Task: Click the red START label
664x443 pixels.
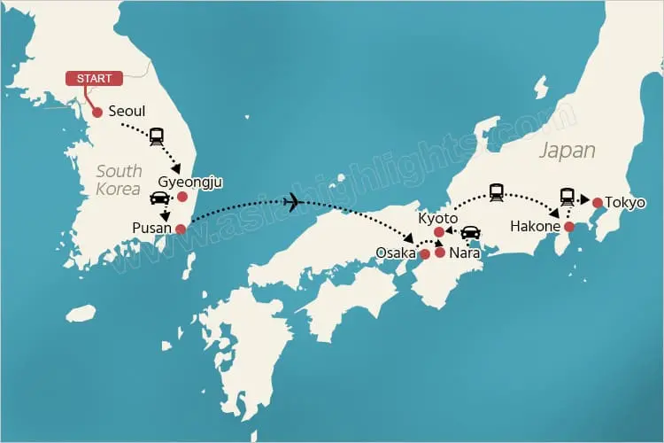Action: pos(94,79)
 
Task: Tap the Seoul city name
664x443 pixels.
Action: pos(127,112)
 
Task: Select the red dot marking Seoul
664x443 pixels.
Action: pos(97,113)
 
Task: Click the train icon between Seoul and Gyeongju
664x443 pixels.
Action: pos(158,136)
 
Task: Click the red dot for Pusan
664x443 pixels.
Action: pos(181,229)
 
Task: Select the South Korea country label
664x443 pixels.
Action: pos(119,180)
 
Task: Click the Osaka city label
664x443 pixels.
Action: pos(396,253)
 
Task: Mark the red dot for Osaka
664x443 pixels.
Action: pos(425,254)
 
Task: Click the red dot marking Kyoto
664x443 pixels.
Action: pos(439,232)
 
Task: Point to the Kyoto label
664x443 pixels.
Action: pos(438,217)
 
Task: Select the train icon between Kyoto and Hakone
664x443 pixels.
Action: pos(497,191)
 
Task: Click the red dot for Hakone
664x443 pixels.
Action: pos(569,226)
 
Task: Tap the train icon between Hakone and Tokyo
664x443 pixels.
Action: pos(567,197)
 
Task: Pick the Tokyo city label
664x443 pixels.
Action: pos(625,203)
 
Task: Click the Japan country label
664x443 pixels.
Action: pos(567,150)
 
